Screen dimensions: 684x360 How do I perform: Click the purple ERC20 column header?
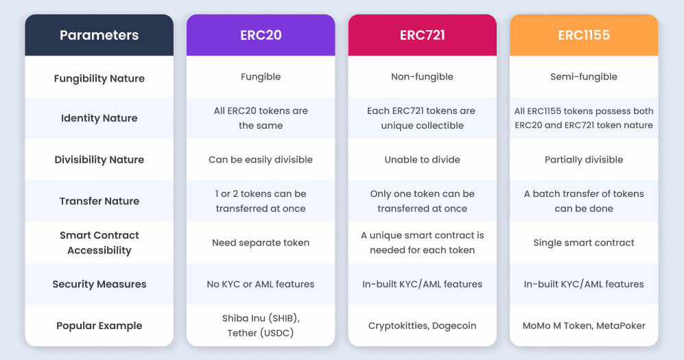[x=261, y=35]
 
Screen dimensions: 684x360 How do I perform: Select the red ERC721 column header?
[x=422, y=35]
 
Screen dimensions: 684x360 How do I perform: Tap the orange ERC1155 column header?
[x=584, y=35]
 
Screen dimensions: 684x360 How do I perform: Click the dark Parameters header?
[x=99, y=35]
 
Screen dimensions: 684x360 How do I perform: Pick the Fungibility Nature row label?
[x=99, y=78]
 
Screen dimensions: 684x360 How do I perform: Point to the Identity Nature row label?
[x=99, y=118]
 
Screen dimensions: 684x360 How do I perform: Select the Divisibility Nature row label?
[x=99, y=160]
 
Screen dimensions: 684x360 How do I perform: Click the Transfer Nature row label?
[x=99, y=201]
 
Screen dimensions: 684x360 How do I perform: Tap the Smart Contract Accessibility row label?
[x=99, y=243]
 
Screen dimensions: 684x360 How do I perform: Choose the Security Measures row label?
[x=99, y=284]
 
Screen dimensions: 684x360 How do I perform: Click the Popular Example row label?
[x=99, y=326]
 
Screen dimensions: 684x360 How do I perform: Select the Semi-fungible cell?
[x=584, y=77]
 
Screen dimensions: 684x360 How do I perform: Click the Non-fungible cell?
[x=422, y=77]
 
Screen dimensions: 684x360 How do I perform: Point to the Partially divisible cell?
[x=584, y=160]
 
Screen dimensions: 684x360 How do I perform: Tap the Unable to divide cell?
[x=422, y=160]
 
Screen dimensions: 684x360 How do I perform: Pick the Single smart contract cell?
[x=584, y=243]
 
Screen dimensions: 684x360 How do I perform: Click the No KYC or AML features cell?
[x=261, y=284]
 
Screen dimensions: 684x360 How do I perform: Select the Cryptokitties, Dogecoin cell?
[x=422, y=326]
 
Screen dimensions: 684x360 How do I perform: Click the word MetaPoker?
[x=621, y=326]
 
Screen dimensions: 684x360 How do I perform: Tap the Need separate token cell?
[x=261, y=243]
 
